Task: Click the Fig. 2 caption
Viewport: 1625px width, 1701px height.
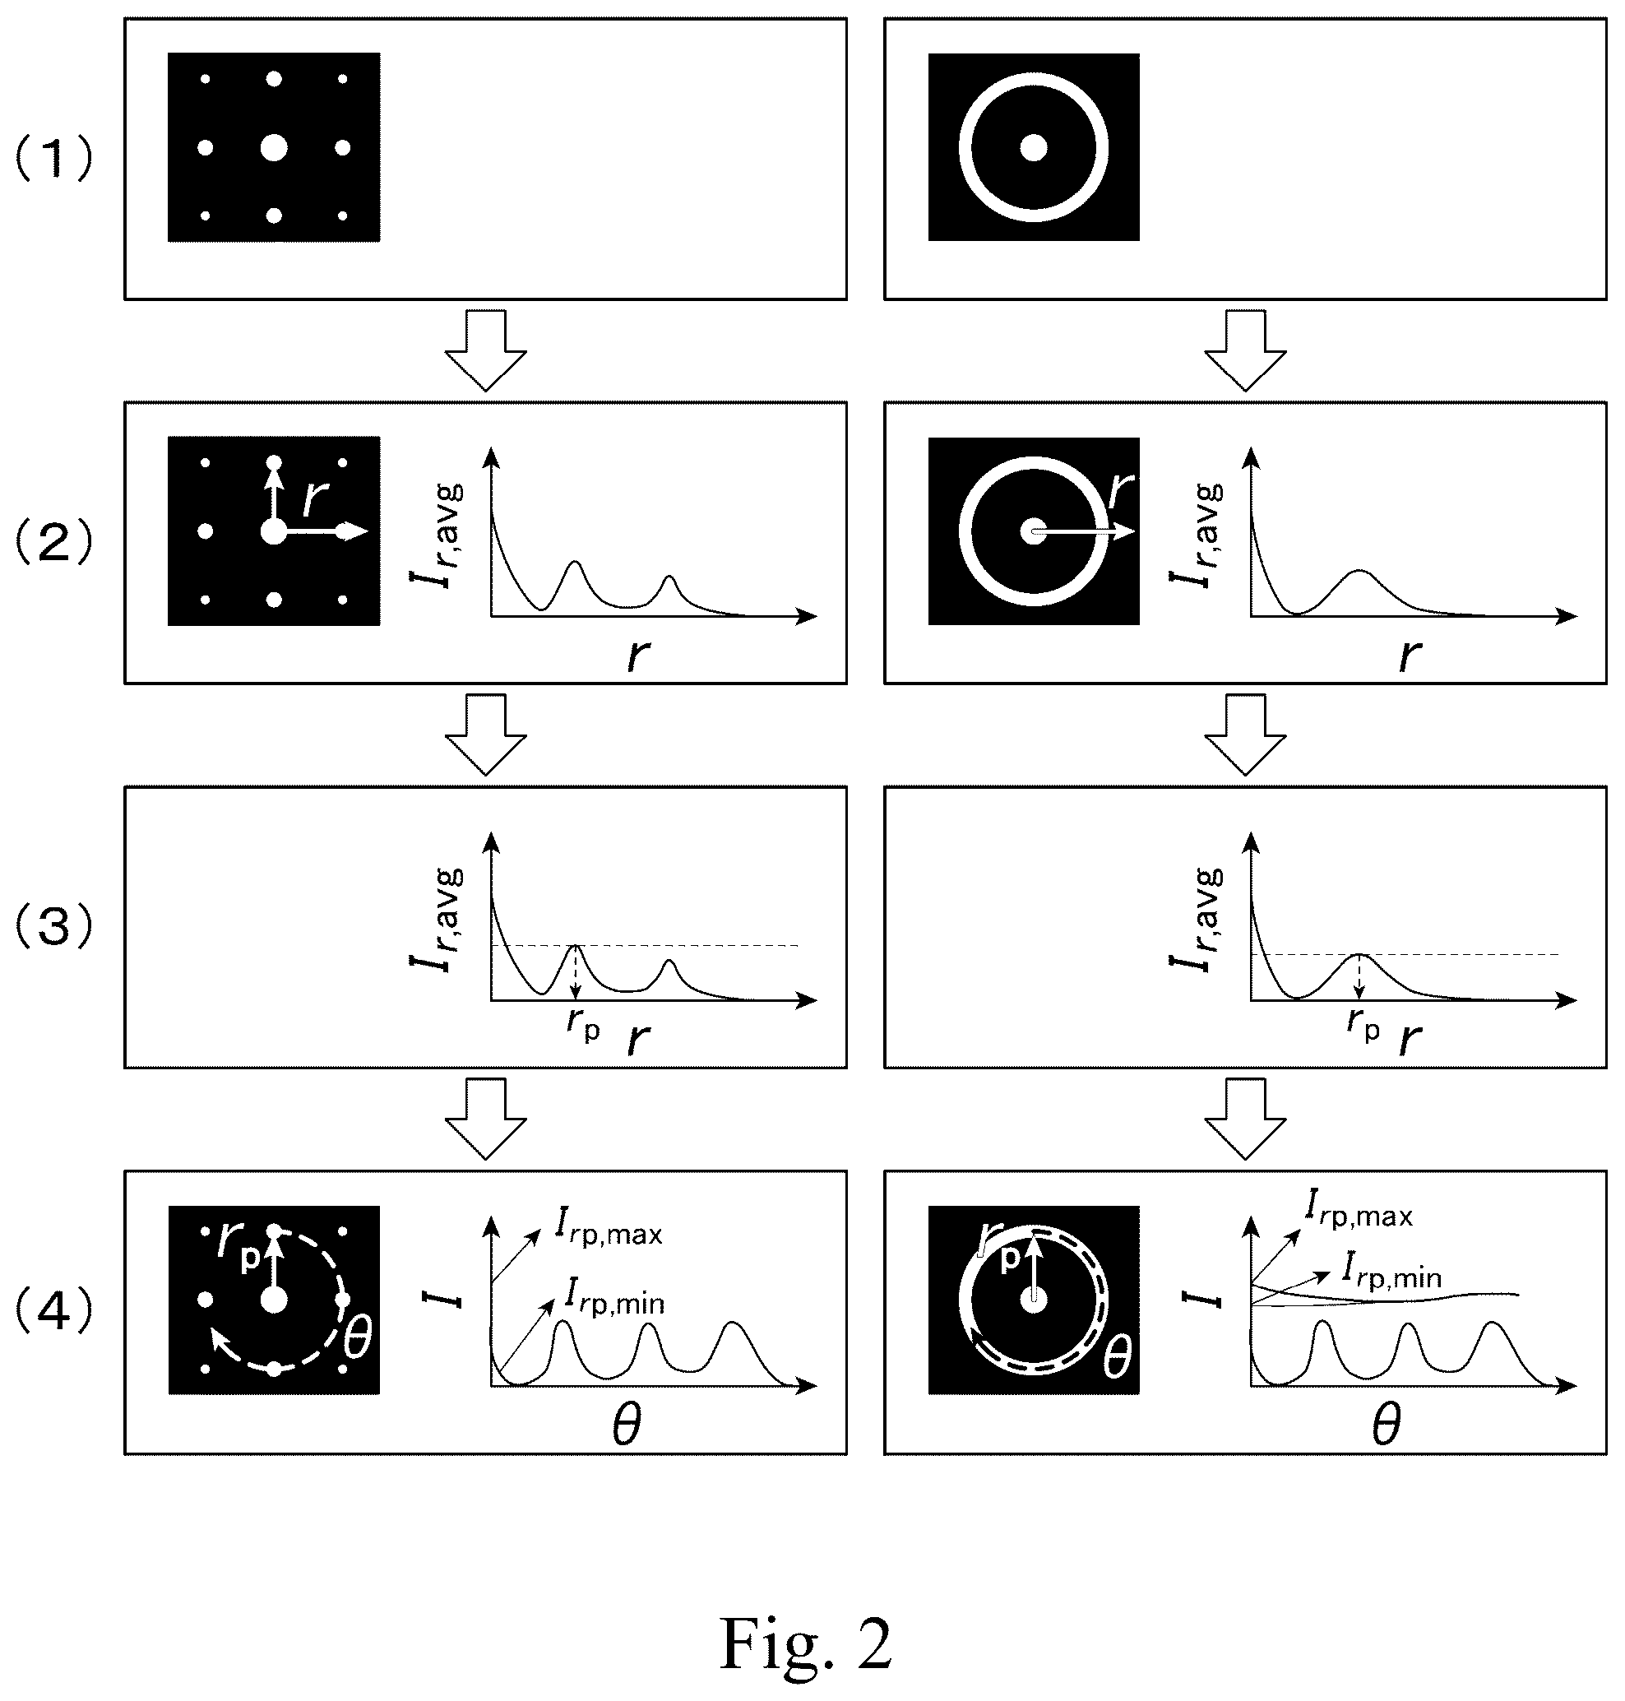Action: click(x=806, y=1643)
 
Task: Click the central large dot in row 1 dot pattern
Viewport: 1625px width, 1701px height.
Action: click(x=274, y=148)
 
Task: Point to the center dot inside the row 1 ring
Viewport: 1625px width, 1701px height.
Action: click(x=1034, y=148)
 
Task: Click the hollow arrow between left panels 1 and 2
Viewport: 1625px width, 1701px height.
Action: click(x=486, y=350)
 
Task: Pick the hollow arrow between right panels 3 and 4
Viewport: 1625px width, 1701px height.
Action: click(x=1246, y=1119)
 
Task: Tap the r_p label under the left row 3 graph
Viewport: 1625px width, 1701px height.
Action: click(x=583, y=1025)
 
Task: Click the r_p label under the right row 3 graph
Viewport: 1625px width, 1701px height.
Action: click(x=1363, y=1025)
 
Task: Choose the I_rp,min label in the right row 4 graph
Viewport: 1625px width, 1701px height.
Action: click(x=1392, y=1271)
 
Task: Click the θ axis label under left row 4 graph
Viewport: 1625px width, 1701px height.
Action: click(x=627, y=1425)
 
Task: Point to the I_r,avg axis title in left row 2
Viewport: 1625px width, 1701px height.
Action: click(x=437, y=535)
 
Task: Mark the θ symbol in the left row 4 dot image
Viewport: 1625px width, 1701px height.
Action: click(x=357, y=1340)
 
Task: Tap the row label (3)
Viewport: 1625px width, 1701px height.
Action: click(x=53, y=927)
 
